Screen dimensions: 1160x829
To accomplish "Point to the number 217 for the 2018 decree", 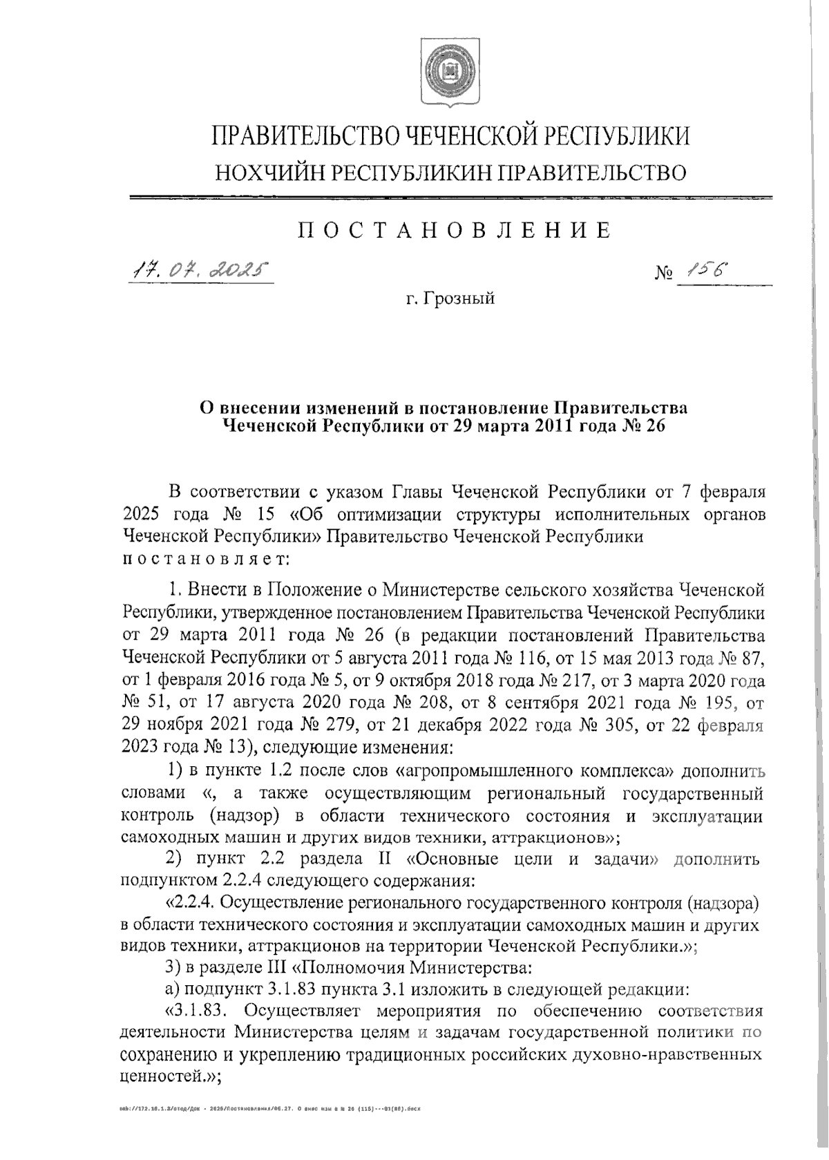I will (572, 681).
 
